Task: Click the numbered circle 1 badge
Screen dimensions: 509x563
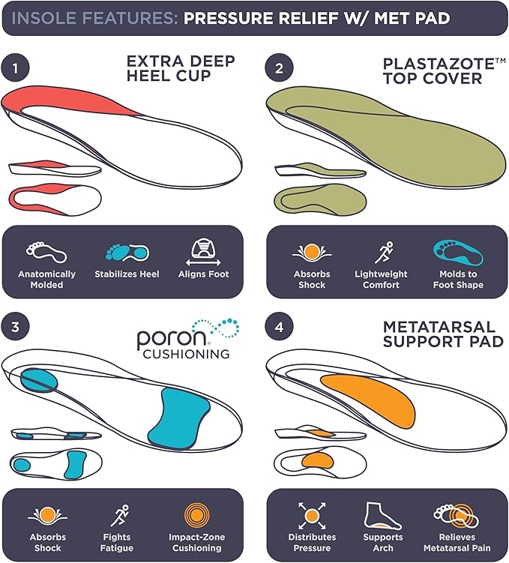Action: click(15, 68)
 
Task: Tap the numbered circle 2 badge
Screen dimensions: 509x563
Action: click(280, 68)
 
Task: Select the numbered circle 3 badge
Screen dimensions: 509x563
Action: click(15, 327)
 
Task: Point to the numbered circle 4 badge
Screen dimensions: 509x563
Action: click(280, 327)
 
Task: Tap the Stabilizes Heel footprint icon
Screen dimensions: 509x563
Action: click(127, 252)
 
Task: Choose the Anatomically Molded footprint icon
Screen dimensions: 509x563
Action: click(46, 252)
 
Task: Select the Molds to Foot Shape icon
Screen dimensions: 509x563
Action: click(458, 253)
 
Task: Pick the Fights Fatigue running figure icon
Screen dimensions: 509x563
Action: click(119, 516)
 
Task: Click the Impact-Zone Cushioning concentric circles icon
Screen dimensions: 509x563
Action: click(196, 516)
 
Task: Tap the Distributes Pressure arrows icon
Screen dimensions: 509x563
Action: click(312, 516)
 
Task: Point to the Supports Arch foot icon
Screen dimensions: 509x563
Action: click(382, 516)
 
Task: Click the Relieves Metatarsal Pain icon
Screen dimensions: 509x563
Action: click(457, 516)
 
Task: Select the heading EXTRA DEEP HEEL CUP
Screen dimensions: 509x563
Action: click(181, 68)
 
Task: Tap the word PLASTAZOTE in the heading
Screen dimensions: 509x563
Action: click(439, 64)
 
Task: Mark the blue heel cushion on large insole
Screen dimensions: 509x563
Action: click(39, 381)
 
